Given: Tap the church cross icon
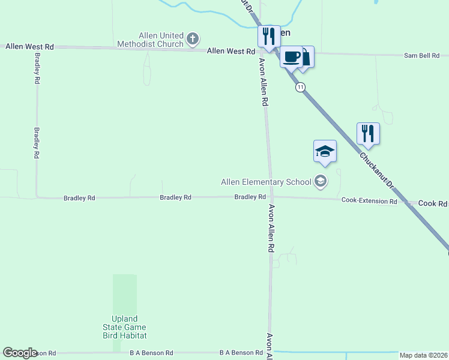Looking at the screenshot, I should click(193, 40).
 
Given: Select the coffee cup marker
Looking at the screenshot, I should click(291, 57).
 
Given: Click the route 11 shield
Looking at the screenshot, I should click(300, 88).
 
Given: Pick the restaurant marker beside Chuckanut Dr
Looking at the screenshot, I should click(367, 133).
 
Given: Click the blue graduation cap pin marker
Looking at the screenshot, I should click(325, 151).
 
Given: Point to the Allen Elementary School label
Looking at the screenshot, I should click(266, 182).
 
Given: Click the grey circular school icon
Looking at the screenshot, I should click(321, 181).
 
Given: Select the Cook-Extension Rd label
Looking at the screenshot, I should click(369, 202).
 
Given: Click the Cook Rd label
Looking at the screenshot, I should click(433, 204).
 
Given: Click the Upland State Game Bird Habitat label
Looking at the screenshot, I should click(125, 327).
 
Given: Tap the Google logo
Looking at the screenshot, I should click(20, 353).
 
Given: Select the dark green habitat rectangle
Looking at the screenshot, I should click(125, 293).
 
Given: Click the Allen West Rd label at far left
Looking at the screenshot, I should click(30, 46).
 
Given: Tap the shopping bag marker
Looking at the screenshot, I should click(306, 58).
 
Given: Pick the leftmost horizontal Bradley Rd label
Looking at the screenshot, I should click(79, 198).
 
